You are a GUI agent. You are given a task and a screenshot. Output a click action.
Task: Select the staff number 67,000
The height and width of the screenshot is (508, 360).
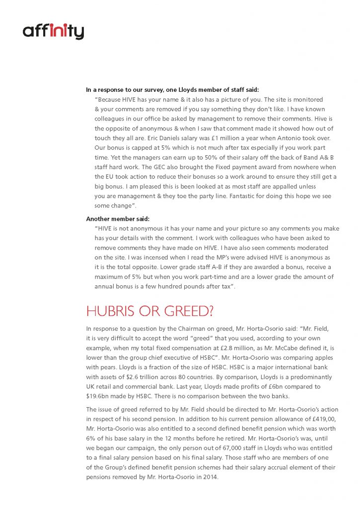click(x=206, y=448)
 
